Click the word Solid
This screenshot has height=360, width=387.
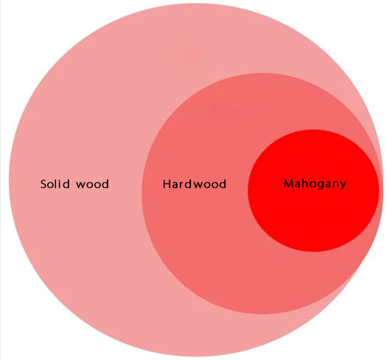pos(55,184)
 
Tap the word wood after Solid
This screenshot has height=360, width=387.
pos(93,185)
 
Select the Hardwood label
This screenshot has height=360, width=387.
pos(195,184)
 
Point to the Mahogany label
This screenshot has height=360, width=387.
pos(315,184)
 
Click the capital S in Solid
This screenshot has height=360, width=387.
pos(44,184)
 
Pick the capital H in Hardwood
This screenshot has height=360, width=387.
pos(167,184)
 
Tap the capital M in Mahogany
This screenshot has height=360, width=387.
pos(288,183)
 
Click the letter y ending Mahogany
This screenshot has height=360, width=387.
pos(343,186)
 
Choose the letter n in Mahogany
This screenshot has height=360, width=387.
pos(335,185)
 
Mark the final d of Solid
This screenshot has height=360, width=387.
pos(66,184)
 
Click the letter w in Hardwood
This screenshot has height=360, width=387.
pos(200,186)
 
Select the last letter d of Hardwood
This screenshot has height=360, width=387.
pos(223,184)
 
